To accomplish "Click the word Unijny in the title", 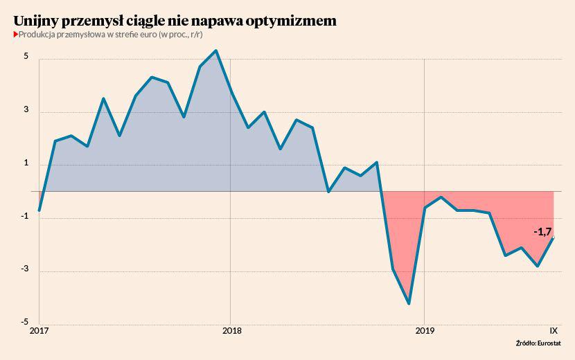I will tap(37, 21).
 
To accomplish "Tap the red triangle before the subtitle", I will tap(15, 35).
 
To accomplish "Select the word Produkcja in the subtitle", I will tap(38, 35).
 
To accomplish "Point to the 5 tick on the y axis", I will tap(26, 57).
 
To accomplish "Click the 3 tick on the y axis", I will tap(26, 110).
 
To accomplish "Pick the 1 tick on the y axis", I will tap(26, 163).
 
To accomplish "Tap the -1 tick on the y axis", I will tap(24, 217).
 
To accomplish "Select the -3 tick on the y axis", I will tap(24, 270).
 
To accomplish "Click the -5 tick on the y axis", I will tap(24, 323).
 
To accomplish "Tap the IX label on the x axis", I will tap(554, 330).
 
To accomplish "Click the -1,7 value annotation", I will tap(542, 232).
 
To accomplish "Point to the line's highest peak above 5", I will tap(215, 51).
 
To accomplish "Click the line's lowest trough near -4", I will tap(409, 303).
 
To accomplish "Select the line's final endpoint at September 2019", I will tap(554, 237).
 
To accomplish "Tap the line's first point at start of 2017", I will tap(39, 210).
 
